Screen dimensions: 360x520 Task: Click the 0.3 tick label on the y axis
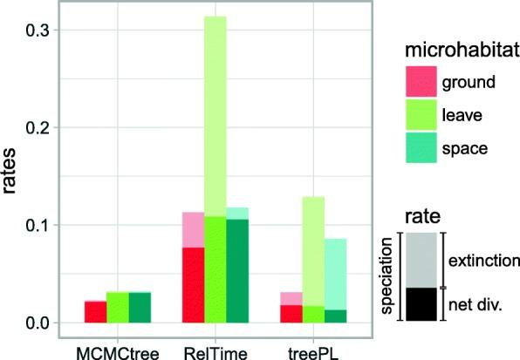tap(36, 31)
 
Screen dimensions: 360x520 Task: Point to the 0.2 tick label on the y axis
tap(36, 128)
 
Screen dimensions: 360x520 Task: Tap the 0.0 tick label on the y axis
tap(36, 323)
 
